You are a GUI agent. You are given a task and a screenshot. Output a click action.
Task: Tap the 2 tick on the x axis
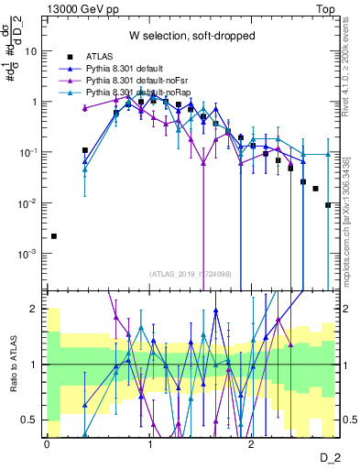point(253,444)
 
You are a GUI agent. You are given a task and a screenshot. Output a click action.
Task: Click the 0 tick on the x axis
point(47,444)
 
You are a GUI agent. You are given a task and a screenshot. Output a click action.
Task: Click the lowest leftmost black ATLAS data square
point(54,236)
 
